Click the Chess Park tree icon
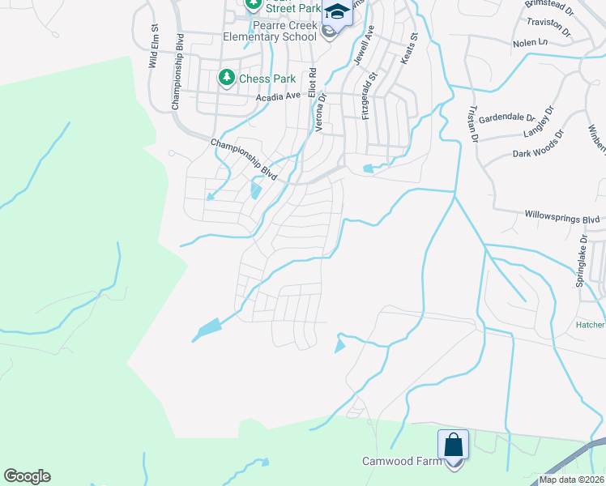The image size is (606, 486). click(x=227, y=79)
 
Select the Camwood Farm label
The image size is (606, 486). click(x=402, y=461)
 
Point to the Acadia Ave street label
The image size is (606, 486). click(x=278, y=96)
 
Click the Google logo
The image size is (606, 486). click(x=27, y=476)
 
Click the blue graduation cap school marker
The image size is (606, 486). click(x=337, y=13)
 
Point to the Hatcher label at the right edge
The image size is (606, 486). click(x=590, y=324)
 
